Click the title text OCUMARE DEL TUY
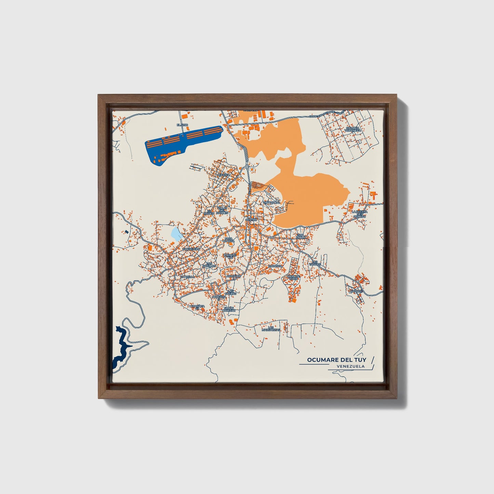(x=336, y=360)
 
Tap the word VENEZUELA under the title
(x=350, y=366)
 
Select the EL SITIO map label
(x=182, y=125)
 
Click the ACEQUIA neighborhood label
(x=224, y=174)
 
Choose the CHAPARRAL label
(x=271, y=202)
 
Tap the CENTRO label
(x=251, y=219)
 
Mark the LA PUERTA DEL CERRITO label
(x=360, y=214)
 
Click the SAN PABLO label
(x=301, y=236)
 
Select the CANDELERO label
(x=191, y=249)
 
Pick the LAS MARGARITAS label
(x=271, y=329)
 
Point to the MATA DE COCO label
(x=293, y=277)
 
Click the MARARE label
(x=356, y=291)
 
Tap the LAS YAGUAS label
(x=315, y=263)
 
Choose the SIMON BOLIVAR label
(x=229, y=309)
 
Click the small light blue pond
(x=176, y=234)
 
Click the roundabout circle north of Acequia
(x=247, y=168)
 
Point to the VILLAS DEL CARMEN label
(x=222, y=210)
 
